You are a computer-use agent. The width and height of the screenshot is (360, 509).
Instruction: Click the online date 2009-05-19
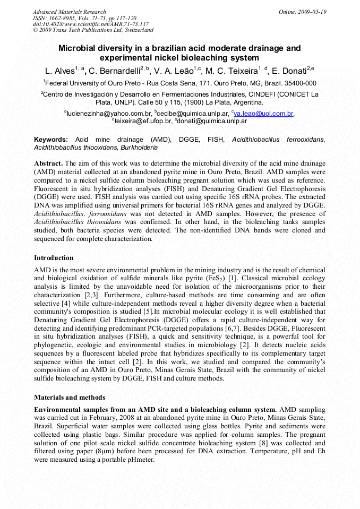313,12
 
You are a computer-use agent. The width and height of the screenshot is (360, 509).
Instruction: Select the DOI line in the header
90,24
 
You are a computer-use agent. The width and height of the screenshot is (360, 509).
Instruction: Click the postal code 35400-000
301,83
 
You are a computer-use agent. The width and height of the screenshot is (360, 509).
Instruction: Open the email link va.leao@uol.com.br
264,113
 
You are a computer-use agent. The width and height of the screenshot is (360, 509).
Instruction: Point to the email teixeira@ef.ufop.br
143,121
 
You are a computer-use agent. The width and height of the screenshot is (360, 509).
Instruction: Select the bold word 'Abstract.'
48,163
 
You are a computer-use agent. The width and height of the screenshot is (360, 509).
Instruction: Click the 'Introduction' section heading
54,258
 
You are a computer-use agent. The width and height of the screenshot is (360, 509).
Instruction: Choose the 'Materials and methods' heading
70,397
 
